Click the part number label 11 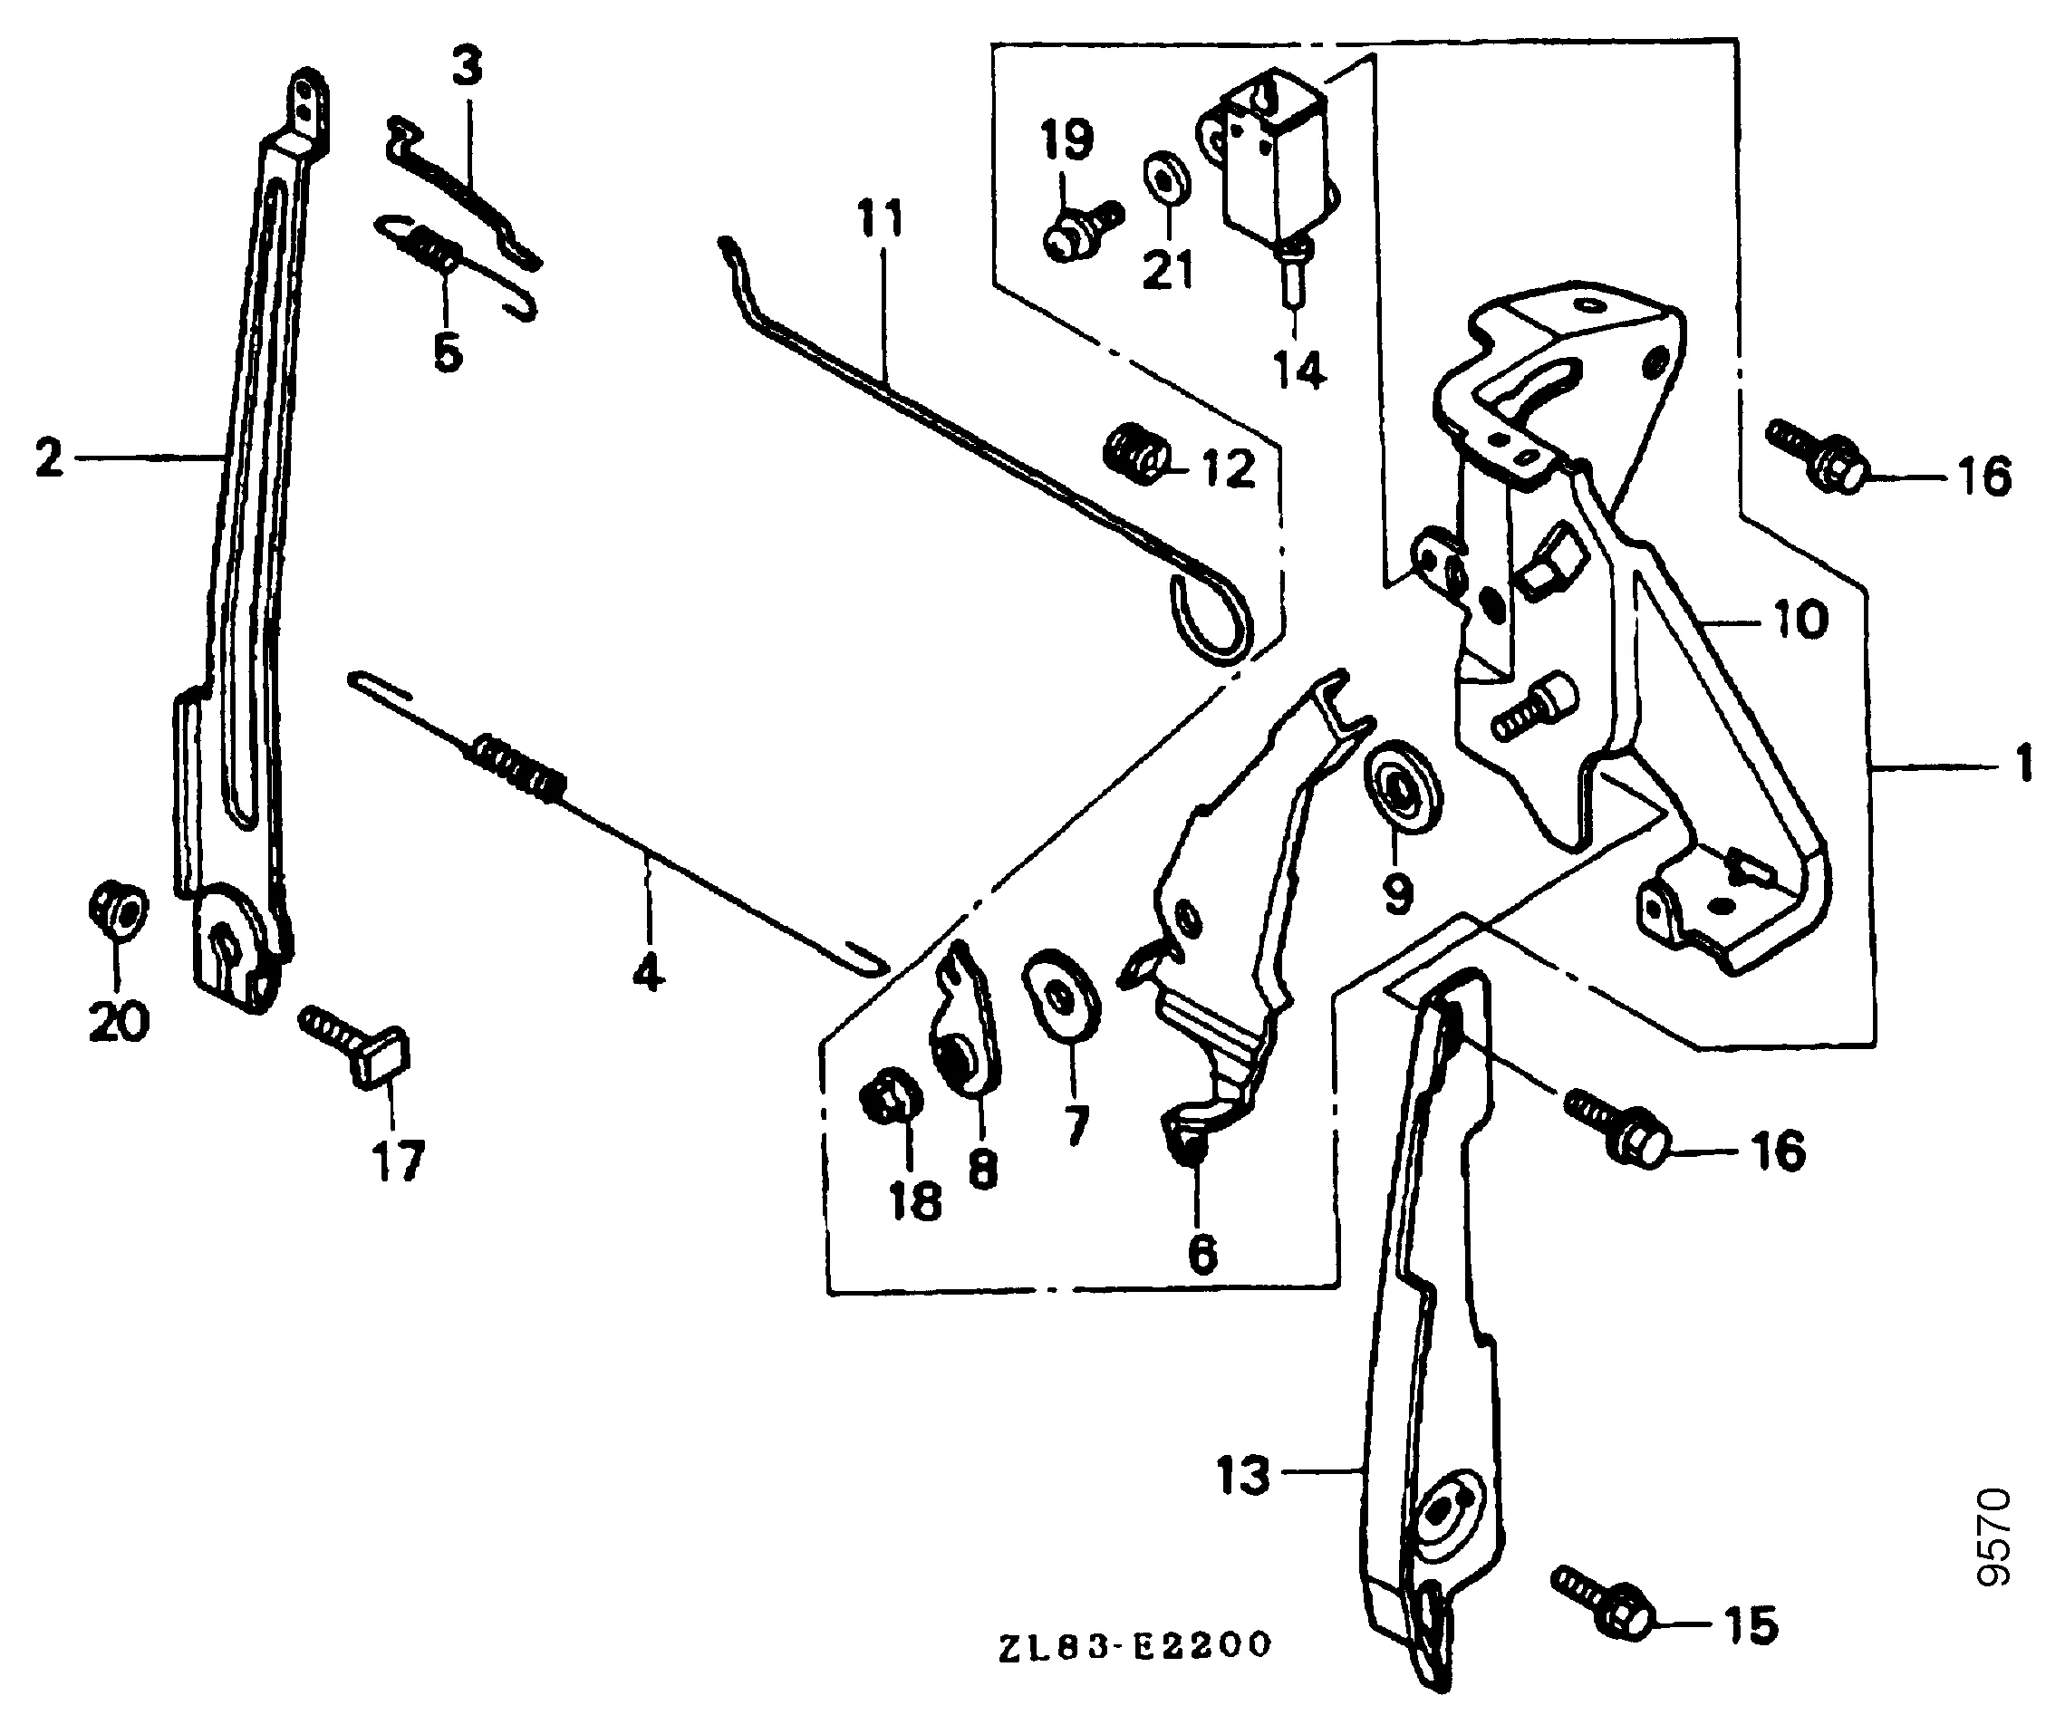click(x=880, y=218)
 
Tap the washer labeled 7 click(x=1062, y=995)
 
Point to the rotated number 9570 click(x=1993, y=1537)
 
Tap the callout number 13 click(x=1244, y=1476)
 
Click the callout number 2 click(x=48, y=458)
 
